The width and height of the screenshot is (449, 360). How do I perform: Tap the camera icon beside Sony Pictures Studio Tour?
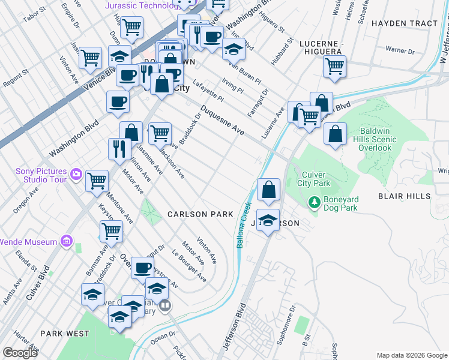pos(76,175)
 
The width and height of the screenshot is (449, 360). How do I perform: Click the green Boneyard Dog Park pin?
pos(313,203)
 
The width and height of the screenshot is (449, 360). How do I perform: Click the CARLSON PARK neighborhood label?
pos(200,214)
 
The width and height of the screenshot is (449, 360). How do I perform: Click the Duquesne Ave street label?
pos(222,120)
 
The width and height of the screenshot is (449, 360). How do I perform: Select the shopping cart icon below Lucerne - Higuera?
pos(335,67)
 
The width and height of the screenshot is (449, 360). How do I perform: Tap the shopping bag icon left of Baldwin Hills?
pos(336,134)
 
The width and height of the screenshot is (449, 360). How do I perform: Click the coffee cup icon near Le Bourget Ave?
pos(142,269)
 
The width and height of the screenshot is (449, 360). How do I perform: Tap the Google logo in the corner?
pos(20,353)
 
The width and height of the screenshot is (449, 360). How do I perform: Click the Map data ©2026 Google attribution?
pos(411,355)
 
